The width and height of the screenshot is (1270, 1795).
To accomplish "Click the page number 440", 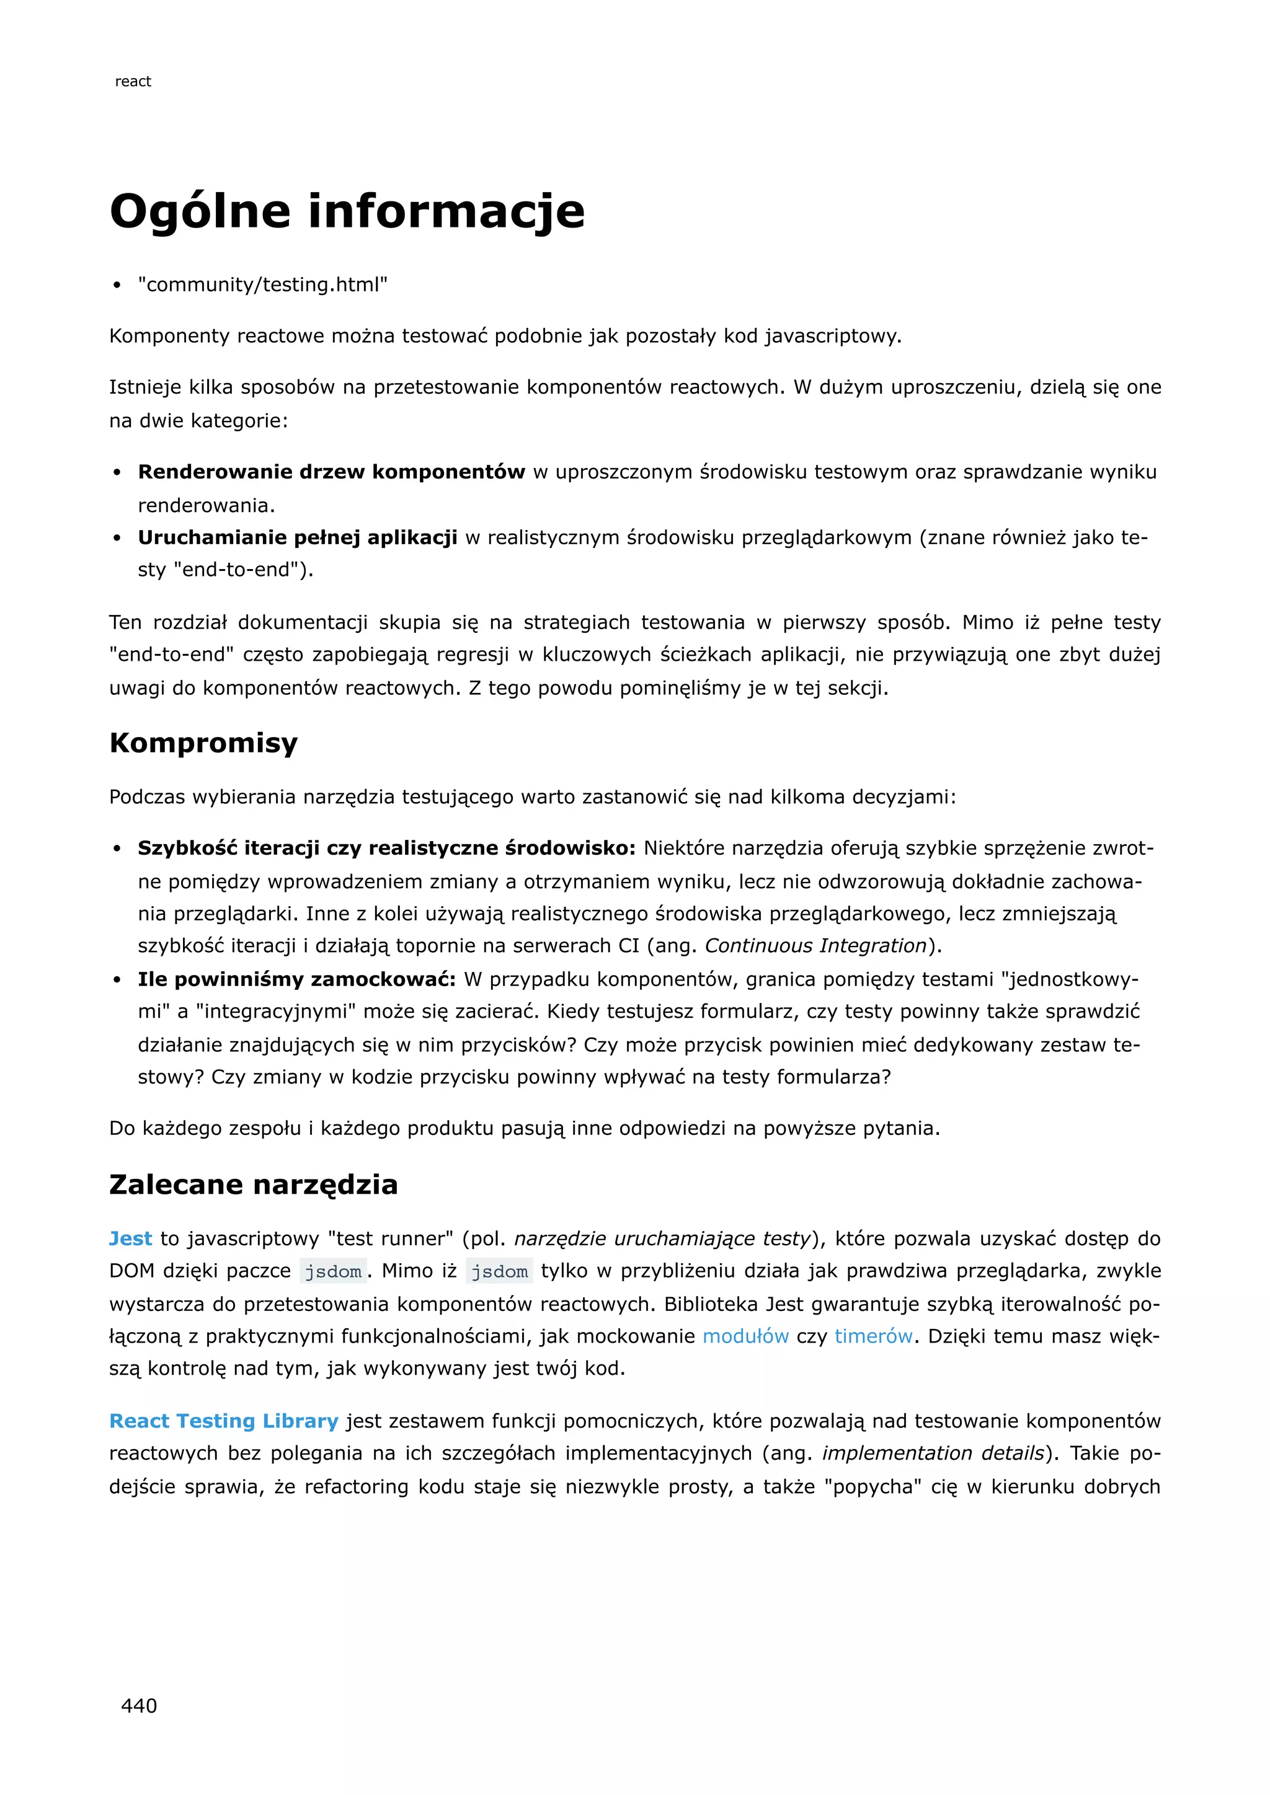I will (138, 1705).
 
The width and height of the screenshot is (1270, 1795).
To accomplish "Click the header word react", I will (133, 81).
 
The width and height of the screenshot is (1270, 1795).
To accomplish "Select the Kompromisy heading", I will (203, 742).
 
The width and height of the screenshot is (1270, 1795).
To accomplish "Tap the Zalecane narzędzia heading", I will (254, 1184).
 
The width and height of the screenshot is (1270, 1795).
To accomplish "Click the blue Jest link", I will (131, 1238).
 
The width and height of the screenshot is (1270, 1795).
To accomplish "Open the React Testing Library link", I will (224, 1421).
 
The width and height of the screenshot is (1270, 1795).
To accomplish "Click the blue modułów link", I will (745, 1336).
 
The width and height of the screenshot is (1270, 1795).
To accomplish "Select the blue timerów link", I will (873, 1336).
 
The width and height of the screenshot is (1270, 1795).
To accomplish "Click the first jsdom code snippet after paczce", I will (333, 1272).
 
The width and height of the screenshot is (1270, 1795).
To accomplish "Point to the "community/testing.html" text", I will (263, 284).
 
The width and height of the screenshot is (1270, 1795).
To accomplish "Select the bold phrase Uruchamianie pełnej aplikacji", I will (297, 537).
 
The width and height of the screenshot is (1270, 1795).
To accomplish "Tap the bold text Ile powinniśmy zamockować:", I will (296, 979).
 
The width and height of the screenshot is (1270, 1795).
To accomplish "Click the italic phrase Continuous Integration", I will (815, 946).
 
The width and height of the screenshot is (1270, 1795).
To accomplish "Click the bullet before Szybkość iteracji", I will (117, 849).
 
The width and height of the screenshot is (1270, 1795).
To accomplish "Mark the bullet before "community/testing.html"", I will (117, 285).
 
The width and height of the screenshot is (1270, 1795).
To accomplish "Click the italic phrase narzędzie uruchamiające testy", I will (662, 1238).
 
